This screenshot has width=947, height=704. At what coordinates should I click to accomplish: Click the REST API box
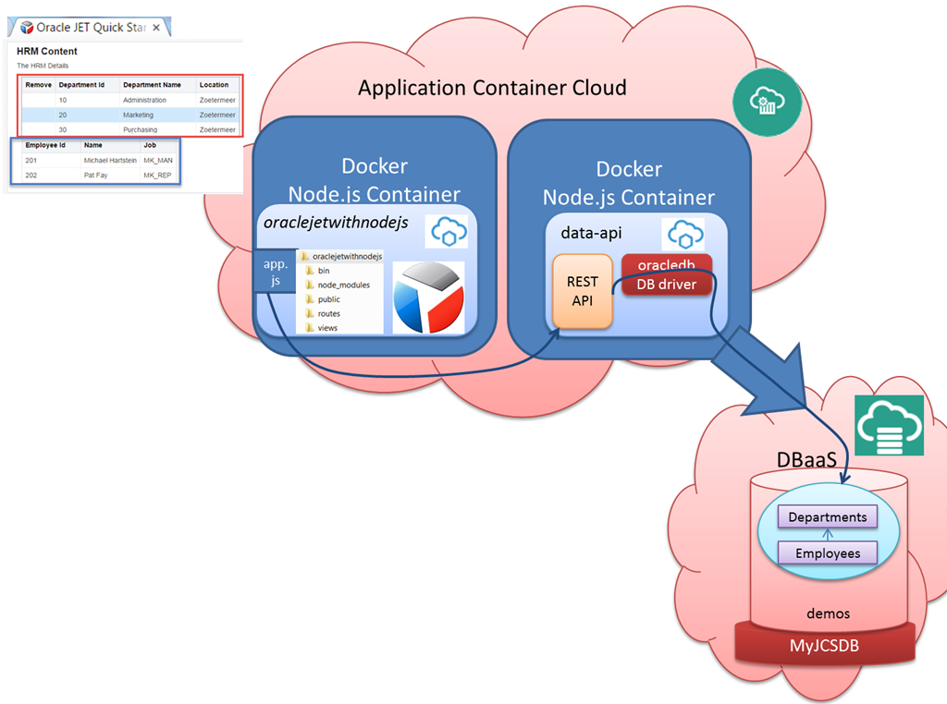(583, 291)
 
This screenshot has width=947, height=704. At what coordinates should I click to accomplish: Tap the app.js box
(276, 273)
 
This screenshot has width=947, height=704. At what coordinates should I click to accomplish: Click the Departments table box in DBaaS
(828, 517)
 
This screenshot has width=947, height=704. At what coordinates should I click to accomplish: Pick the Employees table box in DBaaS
(828, 553)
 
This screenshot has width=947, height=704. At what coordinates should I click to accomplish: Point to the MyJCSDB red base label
(825, 646)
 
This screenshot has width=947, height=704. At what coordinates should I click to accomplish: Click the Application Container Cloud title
(492, 88)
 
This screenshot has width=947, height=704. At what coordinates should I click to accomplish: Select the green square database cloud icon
(889, 425)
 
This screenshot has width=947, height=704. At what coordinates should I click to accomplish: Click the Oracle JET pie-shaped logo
(428, 297)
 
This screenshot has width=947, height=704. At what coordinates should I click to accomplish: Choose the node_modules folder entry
(343, 285)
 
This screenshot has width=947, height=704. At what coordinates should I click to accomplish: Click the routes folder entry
(329, 314)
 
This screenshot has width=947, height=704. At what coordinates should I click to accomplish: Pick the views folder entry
(327, 328)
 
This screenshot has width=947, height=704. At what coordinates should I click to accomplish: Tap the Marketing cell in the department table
(139, 115)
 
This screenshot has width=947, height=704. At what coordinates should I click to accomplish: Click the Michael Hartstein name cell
(110, 161)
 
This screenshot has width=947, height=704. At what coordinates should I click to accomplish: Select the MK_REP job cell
(157, 175)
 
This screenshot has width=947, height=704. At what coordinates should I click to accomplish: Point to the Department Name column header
(152, 85)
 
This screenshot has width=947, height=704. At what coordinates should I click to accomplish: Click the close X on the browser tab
(156, 28)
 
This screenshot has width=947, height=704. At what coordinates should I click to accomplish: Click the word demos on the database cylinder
(828, 613)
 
